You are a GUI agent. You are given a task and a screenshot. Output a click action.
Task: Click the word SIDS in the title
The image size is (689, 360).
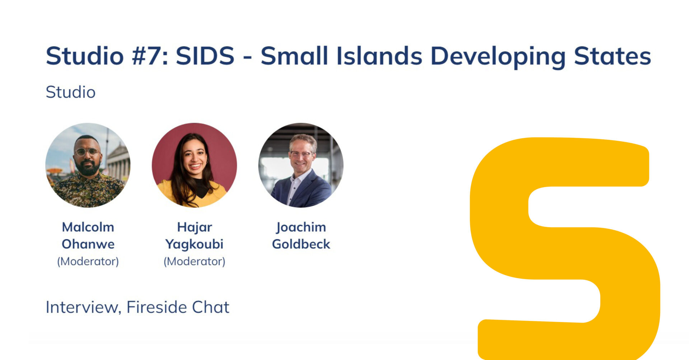(205, 56)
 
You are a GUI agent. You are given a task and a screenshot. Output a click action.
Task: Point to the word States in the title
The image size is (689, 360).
(613, 56)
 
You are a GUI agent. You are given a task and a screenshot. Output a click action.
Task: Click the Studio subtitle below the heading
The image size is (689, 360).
(71, 92)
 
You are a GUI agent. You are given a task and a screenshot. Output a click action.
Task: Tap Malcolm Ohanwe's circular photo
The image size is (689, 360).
(88, 165)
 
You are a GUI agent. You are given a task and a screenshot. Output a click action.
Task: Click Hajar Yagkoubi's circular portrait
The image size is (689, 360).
(194, 165)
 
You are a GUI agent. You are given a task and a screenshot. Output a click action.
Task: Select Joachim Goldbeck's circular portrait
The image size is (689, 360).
(301, 165)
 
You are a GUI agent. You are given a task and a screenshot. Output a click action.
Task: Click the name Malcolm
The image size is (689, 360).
(88, 227)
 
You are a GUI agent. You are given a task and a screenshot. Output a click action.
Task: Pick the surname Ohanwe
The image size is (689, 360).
(88, 244)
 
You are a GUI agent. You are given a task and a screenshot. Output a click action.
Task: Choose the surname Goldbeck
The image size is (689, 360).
(301, 244)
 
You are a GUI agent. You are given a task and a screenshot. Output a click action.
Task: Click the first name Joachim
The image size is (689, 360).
(301, 228)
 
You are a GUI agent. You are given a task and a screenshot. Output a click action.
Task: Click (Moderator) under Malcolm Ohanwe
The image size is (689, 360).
(88, 261)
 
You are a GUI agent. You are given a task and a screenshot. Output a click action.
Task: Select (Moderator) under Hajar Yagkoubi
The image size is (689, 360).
(194, 261)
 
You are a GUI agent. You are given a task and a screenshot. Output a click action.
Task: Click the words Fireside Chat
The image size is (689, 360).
(178, 307)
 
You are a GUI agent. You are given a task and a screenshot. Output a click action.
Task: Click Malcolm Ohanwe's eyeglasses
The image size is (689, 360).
(87, 152)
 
